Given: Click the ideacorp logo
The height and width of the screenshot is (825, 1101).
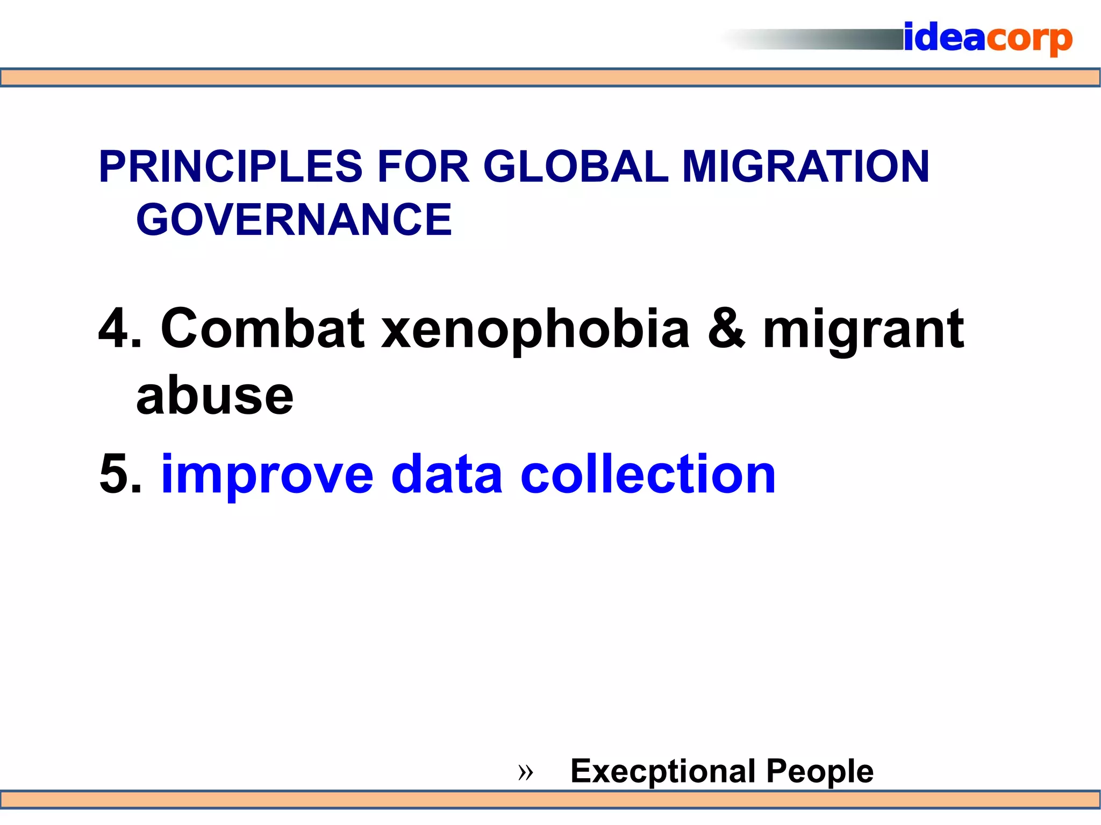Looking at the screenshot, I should click(x=988, y=39).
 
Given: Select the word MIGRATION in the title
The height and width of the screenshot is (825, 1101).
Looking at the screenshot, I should click(x=805, y=167).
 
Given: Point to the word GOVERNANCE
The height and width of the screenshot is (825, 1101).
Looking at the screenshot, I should click(x=294, y=219).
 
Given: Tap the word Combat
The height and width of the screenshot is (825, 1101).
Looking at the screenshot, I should click(x=263, y=328).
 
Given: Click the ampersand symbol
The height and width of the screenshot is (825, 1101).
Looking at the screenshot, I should click(x=726, y=328).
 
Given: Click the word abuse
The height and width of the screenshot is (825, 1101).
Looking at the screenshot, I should click(x=215, y=396).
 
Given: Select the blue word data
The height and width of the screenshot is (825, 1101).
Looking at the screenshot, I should click(x=447, y=474).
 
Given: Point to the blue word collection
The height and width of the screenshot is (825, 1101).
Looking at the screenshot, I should click(x=648, y=474).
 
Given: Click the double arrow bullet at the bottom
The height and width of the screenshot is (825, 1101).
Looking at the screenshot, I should click(x=525, y=773).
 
